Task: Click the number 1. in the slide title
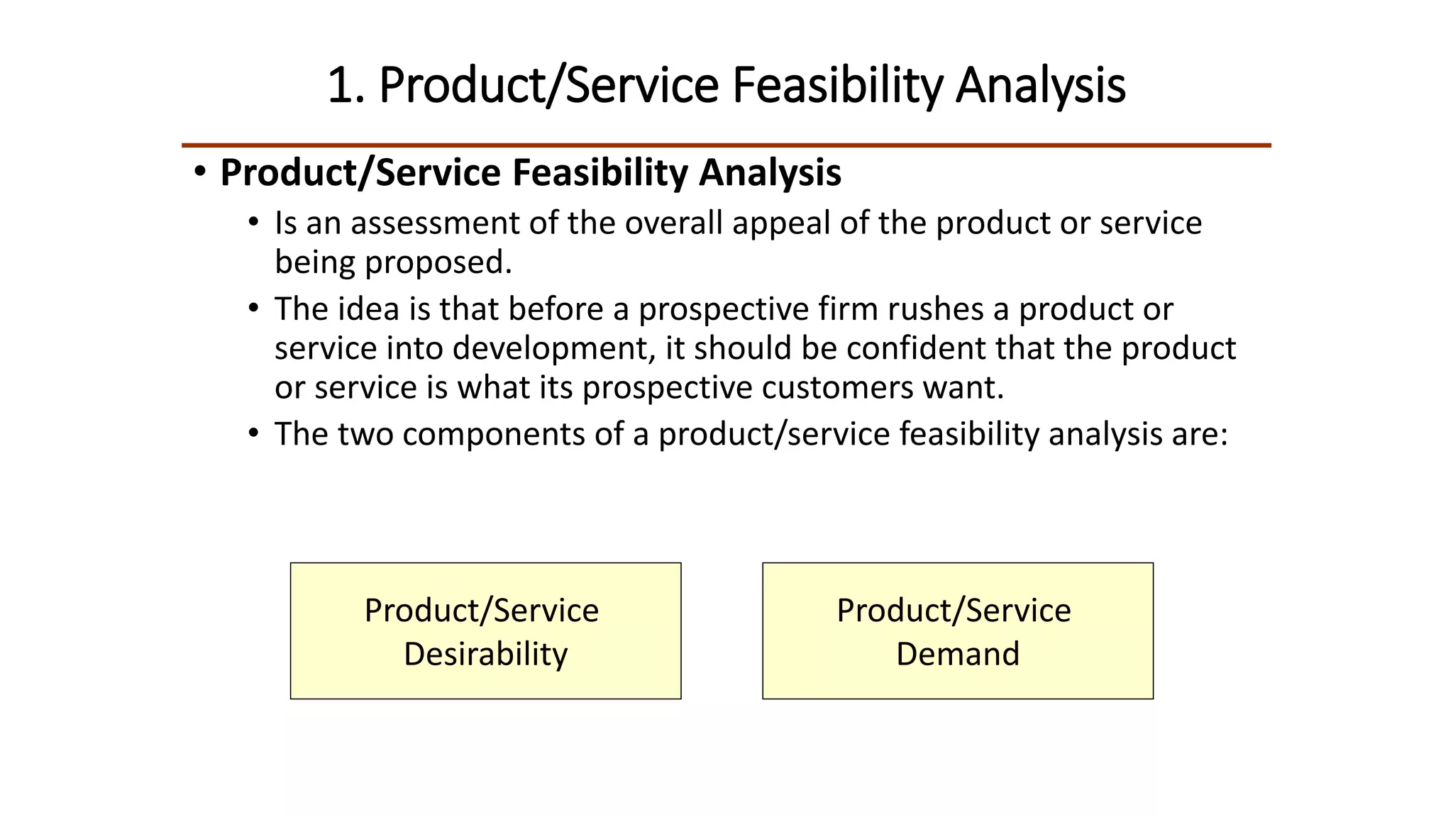[x=346, y=86]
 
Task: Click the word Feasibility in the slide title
[x=838, y=86]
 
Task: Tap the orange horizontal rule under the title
[x=726, y=145]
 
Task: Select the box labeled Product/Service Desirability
[x=485, y=630]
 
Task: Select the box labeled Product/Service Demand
[x=958, y=630]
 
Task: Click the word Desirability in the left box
[x=485, y=654]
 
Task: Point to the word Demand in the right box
[x=958, y=654]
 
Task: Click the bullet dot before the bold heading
[x=201, y=172]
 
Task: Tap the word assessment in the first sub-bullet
[x=434, y=223]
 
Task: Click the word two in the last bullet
[x=365, y=434]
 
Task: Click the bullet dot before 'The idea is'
[x=253, y=309]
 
